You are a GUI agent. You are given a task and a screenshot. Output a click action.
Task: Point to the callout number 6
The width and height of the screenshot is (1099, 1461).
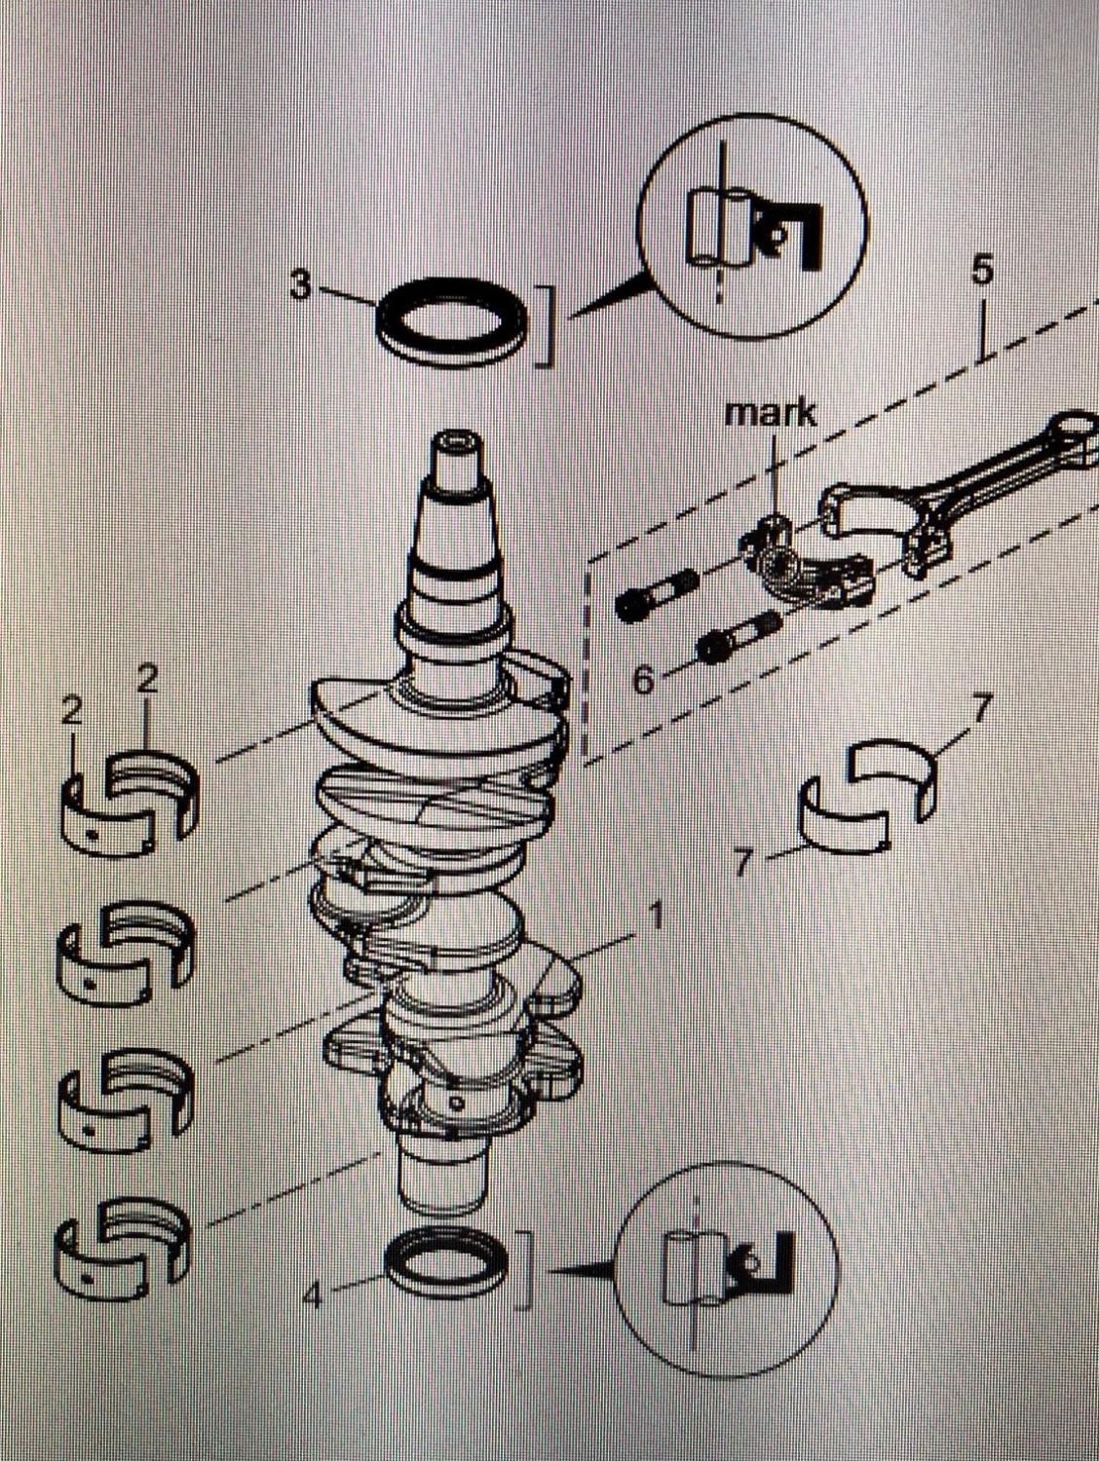click(643, 680)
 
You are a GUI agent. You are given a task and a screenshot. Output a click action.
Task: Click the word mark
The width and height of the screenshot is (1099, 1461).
click(771, 412)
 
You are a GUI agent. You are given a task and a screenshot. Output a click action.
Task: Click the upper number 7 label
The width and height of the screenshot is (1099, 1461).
click(980, 709)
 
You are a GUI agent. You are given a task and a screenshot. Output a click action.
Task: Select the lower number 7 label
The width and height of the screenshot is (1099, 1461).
click(743, 863)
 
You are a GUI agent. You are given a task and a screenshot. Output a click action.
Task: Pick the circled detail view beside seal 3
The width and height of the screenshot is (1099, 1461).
click(752, 230)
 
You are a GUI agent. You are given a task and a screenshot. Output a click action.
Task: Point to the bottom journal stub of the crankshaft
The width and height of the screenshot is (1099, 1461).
click(442, 1179)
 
